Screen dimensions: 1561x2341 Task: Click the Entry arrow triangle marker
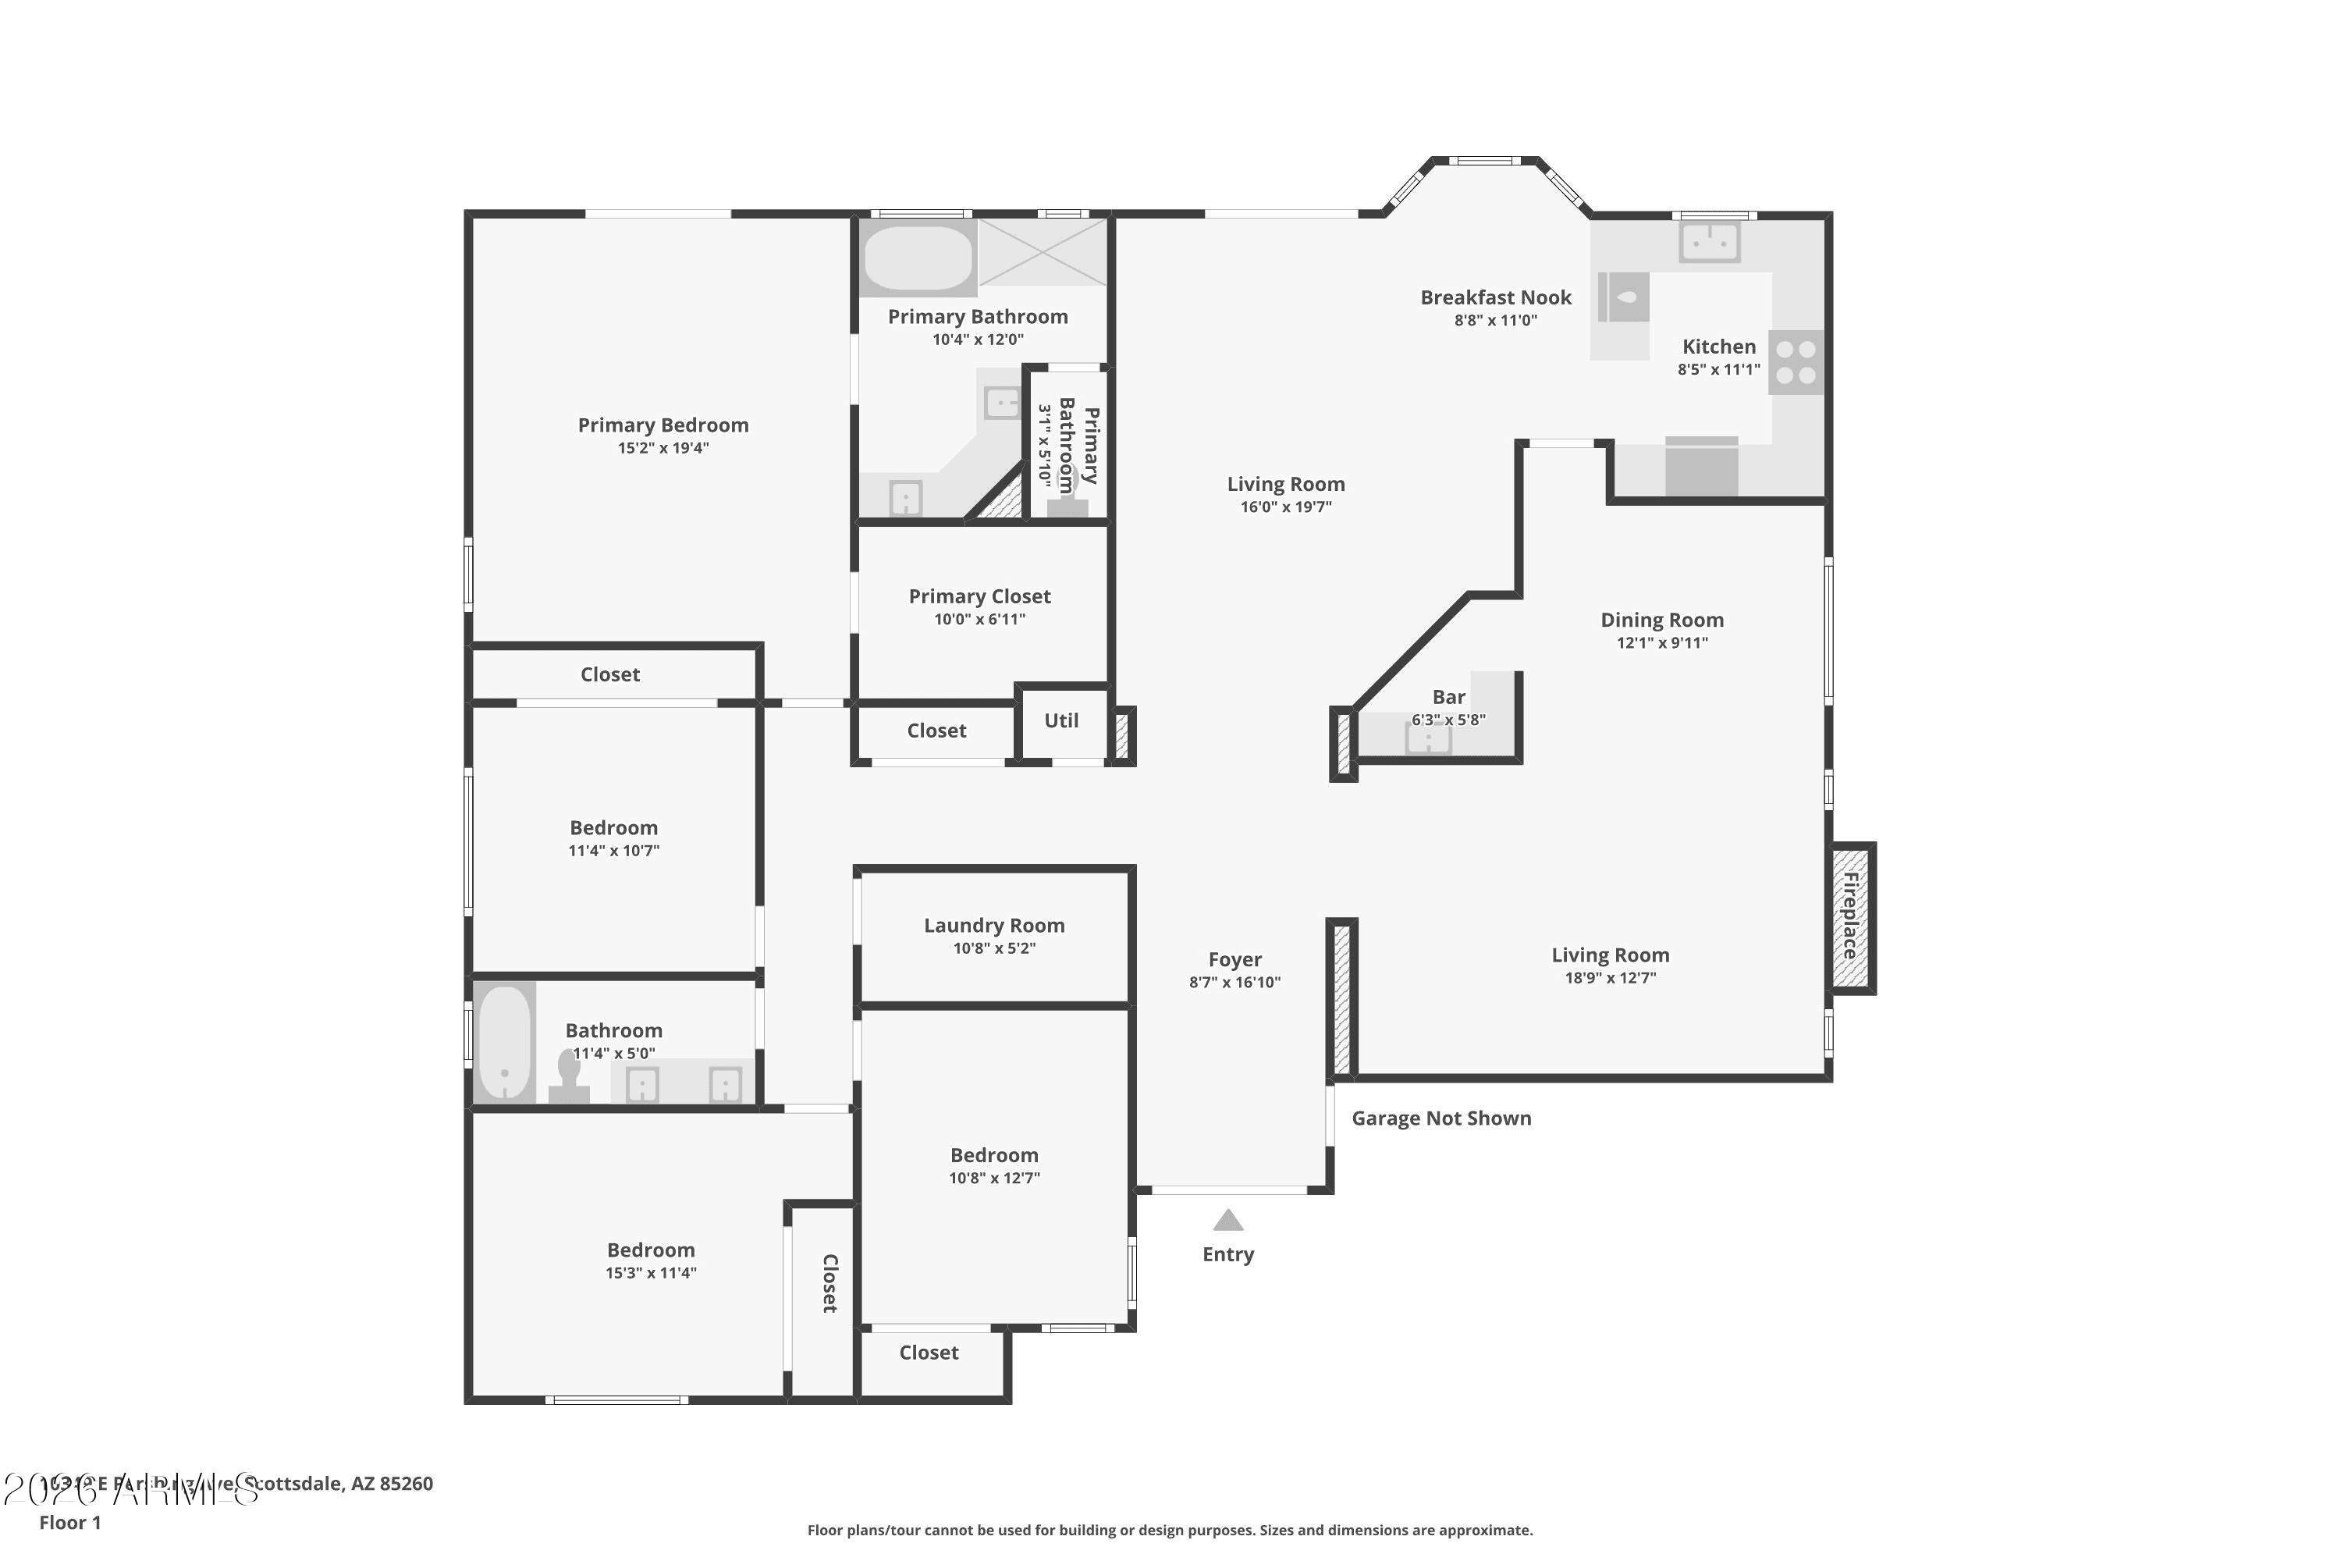[1227, 1221]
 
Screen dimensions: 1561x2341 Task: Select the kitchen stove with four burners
[1796, 362]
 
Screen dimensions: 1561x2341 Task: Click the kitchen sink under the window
[1709, 241]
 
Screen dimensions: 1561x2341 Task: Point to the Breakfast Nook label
[1495, 297]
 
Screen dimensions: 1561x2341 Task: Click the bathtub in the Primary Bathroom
[918, 258]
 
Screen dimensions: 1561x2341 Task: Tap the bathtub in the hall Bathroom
[505, 1041]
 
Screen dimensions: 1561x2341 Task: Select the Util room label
[1061, 720]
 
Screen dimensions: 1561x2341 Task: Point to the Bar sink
[1427, 738]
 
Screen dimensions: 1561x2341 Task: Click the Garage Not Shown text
[1440, 1118]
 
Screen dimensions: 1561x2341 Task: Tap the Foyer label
[1234, 960]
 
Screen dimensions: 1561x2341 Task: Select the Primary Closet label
[979, 596]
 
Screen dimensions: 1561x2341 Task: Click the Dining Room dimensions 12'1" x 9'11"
[1661, 643]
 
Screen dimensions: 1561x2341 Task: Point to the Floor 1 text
[69, 1522]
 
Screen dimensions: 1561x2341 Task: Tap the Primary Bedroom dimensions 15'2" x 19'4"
[663, 448]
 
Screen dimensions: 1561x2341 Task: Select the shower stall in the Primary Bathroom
[1042, 253]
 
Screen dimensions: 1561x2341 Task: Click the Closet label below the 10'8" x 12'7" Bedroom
[929, 1353]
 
